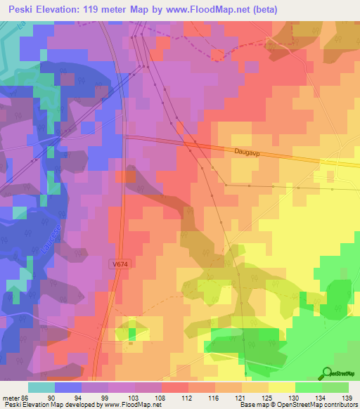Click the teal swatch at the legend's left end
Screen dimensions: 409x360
click(x=41, y=387)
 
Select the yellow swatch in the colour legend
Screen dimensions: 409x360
click(x=281, y=387)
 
